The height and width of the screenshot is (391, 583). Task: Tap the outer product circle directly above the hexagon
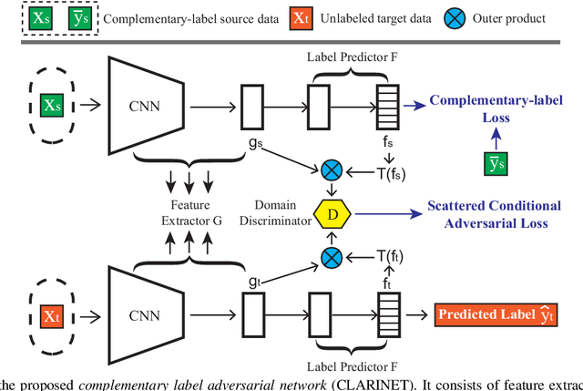tap(332, 170)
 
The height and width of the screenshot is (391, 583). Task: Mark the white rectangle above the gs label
tap(253, 103)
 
